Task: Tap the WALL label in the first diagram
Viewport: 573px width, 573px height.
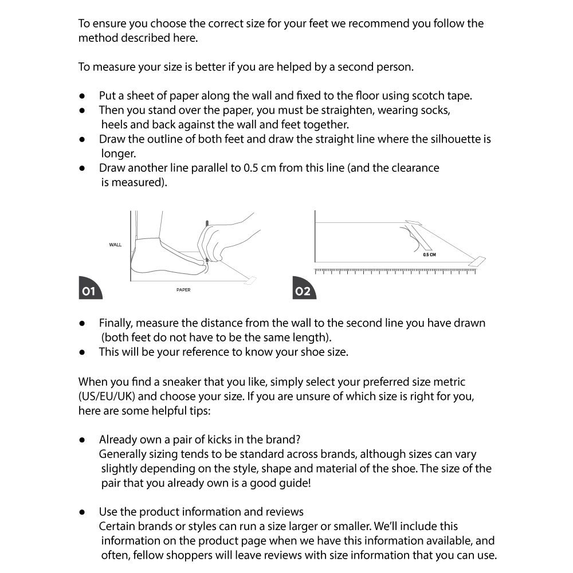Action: (115, 245)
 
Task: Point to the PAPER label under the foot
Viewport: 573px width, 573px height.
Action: (183, 290)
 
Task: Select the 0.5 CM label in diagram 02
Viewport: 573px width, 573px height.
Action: (429, 254)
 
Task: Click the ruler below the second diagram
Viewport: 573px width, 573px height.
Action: (395, 270)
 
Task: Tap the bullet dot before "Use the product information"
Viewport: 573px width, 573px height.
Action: (83, 512)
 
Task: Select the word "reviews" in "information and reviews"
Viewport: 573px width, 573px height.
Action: (285, 512)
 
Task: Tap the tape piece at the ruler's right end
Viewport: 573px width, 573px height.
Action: (477, 261)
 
